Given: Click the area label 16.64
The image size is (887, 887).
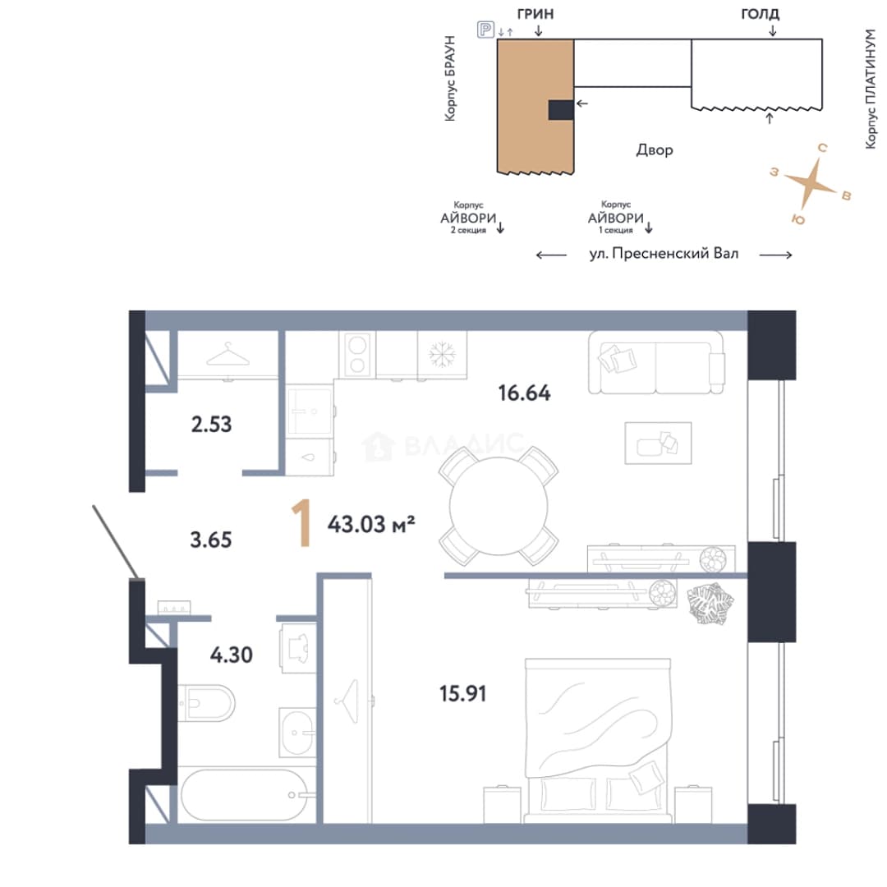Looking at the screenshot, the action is coord(524,393).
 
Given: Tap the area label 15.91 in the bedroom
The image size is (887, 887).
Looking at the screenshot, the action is coord(462,693).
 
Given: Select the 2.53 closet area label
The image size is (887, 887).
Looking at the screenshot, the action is coord(212,425).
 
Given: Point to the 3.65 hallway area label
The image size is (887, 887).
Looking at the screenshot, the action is coord(210,540).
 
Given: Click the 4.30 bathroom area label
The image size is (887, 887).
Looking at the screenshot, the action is coord(232,655).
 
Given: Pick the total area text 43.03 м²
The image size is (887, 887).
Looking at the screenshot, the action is coord(371,524).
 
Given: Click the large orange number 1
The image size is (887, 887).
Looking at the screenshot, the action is coord(302,523).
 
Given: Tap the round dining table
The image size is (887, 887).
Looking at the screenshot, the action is coord(499,506).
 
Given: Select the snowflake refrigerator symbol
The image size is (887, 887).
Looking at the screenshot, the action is coord(443,355).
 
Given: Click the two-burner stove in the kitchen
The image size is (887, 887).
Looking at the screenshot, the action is coord(357,355).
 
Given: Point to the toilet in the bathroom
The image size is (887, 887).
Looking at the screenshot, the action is coord(206,703).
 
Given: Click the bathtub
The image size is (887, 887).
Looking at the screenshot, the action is coord(245,795).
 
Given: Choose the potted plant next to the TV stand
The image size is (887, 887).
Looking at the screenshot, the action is coord(710,604).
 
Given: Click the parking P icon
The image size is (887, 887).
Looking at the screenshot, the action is coord(486,29).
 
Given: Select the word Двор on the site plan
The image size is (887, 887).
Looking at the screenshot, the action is coord(655,150).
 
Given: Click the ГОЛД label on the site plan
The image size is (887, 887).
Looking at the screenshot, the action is coord(760,14).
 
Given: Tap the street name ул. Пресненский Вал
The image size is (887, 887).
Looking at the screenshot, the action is coord(664,254).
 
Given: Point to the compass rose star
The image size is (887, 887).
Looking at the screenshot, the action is coord(811,182).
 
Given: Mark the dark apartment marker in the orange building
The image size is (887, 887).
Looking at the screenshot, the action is coord(561,110).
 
